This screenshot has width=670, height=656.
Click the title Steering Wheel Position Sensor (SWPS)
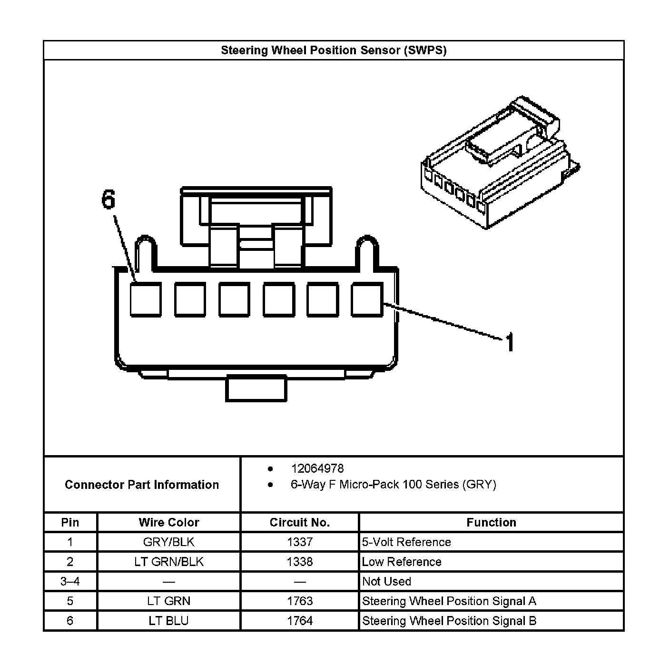click(334, 50)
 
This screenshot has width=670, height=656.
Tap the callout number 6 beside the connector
click(108, 199)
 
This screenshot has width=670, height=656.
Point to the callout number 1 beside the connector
click(510, 342)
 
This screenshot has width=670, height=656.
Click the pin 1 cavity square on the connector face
click(367, 299)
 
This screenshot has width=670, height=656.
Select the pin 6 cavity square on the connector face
click(146, 299)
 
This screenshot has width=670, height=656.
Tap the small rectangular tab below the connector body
click(256, 388)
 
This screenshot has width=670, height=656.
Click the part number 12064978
click(317, 468)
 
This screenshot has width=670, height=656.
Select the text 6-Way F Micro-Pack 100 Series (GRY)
click(393, 485)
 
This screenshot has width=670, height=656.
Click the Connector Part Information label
click(142, 485)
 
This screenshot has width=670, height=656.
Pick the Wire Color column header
click(169, 522)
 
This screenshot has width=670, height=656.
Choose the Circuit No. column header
click(300, 522)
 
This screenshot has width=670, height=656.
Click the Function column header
click(491, 522)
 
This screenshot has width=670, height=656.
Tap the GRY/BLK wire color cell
click(169, 542)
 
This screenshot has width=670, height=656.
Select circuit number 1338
click(300, 562)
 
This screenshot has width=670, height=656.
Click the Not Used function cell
click(386, 581)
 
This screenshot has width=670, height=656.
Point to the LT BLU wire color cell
click(169, 621)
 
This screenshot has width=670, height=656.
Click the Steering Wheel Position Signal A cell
click(449, 601)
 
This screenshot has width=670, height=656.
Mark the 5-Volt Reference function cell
click(406, 542)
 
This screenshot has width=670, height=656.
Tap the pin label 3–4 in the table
click(70, 581)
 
